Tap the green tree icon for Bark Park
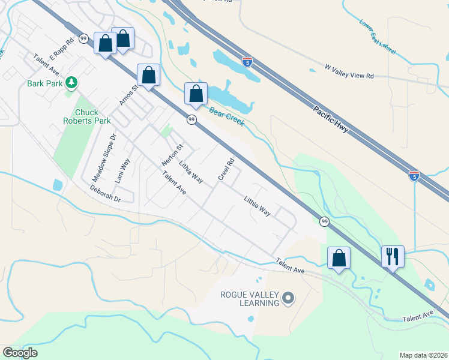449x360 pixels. [x=71, y=82]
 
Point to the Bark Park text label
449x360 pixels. [x=44, y=83]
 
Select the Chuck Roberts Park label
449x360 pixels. [x=87, y=116]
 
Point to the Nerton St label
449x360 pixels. [x=172, y=155]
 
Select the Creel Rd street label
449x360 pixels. [x=226, y=169]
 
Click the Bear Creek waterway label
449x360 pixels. [x=226, y=113]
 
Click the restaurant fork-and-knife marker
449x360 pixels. [x=393, y=256]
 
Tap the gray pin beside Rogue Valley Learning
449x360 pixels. [x=288, y=298]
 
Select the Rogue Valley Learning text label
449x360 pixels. [x=250, y=298]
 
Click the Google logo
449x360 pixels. [x=20, y=353]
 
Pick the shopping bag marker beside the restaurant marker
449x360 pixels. [x=339, y=257]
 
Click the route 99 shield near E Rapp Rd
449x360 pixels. [x=83, y=38]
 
